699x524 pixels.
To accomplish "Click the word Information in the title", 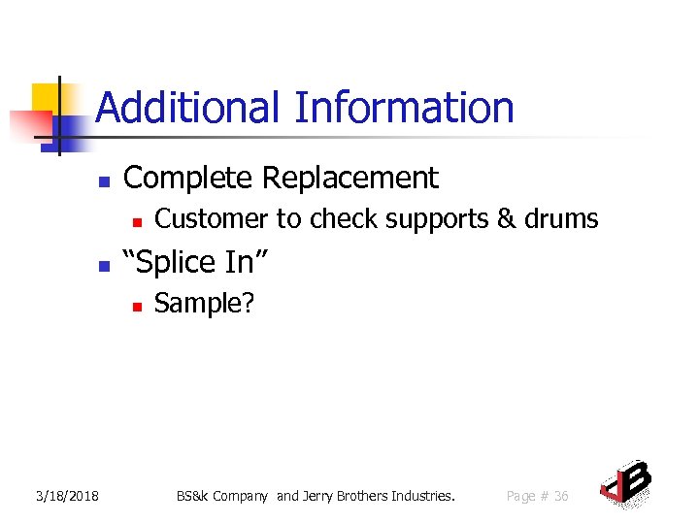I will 404,108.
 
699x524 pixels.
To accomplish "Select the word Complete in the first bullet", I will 189,179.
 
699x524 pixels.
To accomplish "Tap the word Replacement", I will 350,179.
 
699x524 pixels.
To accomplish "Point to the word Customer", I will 213,219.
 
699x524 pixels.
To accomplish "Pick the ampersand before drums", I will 507,219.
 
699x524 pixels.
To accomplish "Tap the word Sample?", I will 204,304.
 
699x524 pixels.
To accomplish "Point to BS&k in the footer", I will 195,497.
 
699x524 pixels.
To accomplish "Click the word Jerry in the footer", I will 321,497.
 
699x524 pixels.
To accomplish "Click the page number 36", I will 560,497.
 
